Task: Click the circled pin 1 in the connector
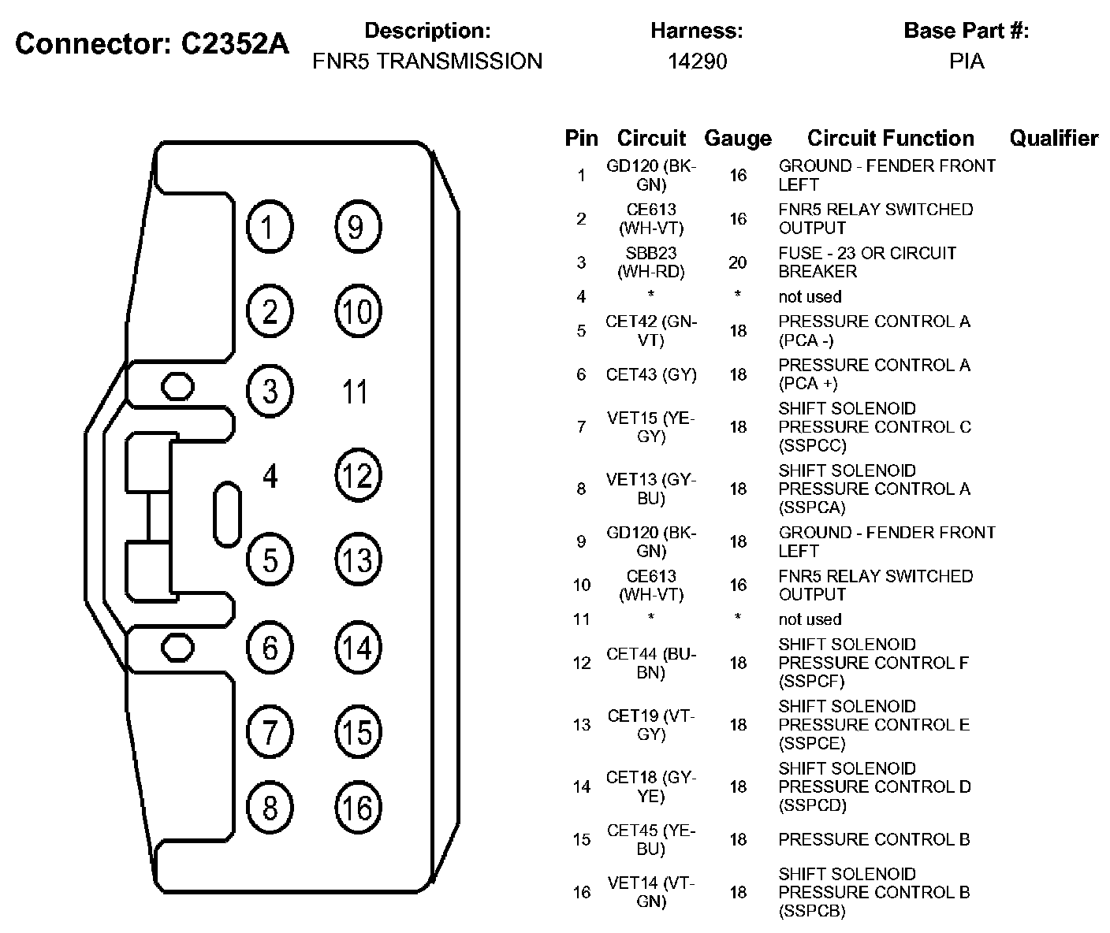[270, 227]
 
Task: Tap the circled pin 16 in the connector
[357, 808]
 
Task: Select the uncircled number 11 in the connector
[356, 392]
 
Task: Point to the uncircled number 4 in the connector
[270, 476]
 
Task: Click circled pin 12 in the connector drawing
[357, 476]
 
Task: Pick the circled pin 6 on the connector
[270, 648]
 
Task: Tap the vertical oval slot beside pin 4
[227, 513]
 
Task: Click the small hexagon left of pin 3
[177, 386]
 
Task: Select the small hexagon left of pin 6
[177, 647]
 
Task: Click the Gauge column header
[737, 139]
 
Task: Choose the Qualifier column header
[1053, 139]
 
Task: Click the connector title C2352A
[152, 44]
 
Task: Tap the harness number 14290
[697, 61]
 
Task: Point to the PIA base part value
[967, 61]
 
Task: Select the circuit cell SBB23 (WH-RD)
[651, 262]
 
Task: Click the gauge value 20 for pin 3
[737, 262]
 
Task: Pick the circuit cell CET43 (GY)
[651, 374]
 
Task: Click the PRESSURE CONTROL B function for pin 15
[873, 839]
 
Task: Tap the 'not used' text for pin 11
[810, 619]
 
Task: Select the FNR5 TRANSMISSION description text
[427, 61]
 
